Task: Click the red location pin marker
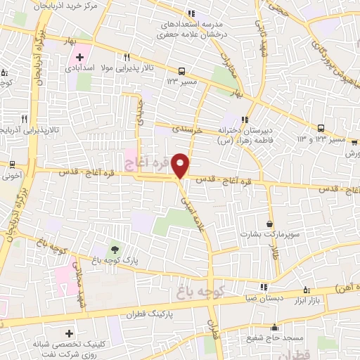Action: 181,165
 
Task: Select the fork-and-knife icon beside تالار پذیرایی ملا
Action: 127,58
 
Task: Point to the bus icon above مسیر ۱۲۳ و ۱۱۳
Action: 321,128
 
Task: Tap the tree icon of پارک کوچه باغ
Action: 114,249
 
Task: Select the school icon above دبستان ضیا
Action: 264,288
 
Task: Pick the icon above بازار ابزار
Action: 306,289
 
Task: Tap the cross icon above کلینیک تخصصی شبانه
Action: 69,333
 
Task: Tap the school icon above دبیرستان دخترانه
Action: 245,119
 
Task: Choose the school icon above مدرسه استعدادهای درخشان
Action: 191,13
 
